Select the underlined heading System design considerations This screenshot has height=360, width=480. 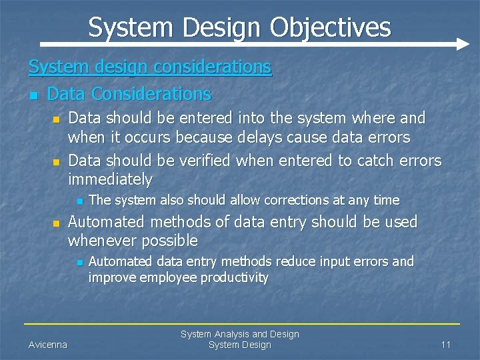150,67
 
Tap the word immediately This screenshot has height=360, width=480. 110,179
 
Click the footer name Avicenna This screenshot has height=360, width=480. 47,345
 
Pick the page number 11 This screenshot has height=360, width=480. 446,345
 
